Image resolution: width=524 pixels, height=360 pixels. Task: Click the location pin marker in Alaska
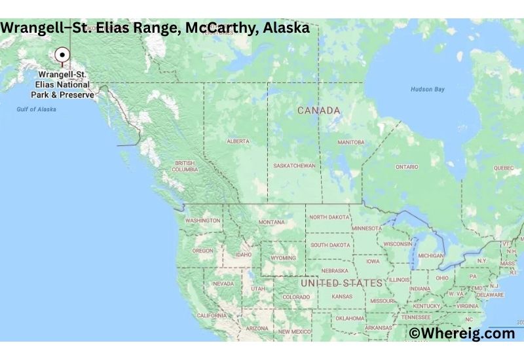coord(62,56)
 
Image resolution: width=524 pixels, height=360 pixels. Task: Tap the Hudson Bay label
coord(427,89)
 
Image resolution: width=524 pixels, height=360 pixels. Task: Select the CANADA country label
coord(319,111)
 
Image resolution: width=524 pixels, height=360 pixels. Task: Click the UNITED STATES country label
coord(341,283)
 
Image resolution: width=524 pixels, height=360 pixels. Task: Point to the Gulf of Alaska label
coord(36,109)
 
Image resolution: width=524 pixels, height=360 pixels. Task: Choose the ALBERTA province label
coord(238,141)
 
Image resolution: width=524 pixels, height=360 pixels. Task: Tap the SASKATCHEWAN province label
coord(295,166)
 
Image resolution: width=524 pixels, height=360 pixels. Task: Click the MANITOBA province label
coord(350,142)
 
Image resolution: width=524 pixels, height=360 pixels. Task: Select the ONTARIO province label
coord(407,167)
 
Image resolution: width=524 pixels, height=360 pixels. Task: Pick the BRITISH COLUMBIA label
coord(185,166)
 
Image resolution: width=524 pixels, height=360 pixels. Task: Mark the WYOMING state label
coord(283,258)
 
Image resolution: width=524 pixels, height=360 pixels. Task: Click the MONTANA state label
coord(271,222)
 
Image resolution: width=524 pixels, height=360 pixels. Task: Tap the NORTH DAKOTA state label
coord(329,217)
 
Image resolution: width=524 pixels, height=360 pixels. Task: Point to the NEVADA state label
coord(223,283)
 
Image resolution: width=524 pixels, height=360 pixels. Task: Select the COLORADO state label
coord(296,297)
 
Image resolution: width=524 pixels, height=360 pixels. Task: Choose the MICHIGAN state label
coord(430,255)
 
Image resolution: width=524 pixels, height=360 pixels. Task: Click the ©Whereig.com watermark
coord(462,333)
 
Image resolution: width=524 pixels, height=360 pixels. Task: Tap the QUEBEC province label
coord(504,168)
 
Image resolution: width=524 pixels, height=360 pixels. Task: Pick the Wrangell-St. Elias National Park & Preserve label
coord(64,84)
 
